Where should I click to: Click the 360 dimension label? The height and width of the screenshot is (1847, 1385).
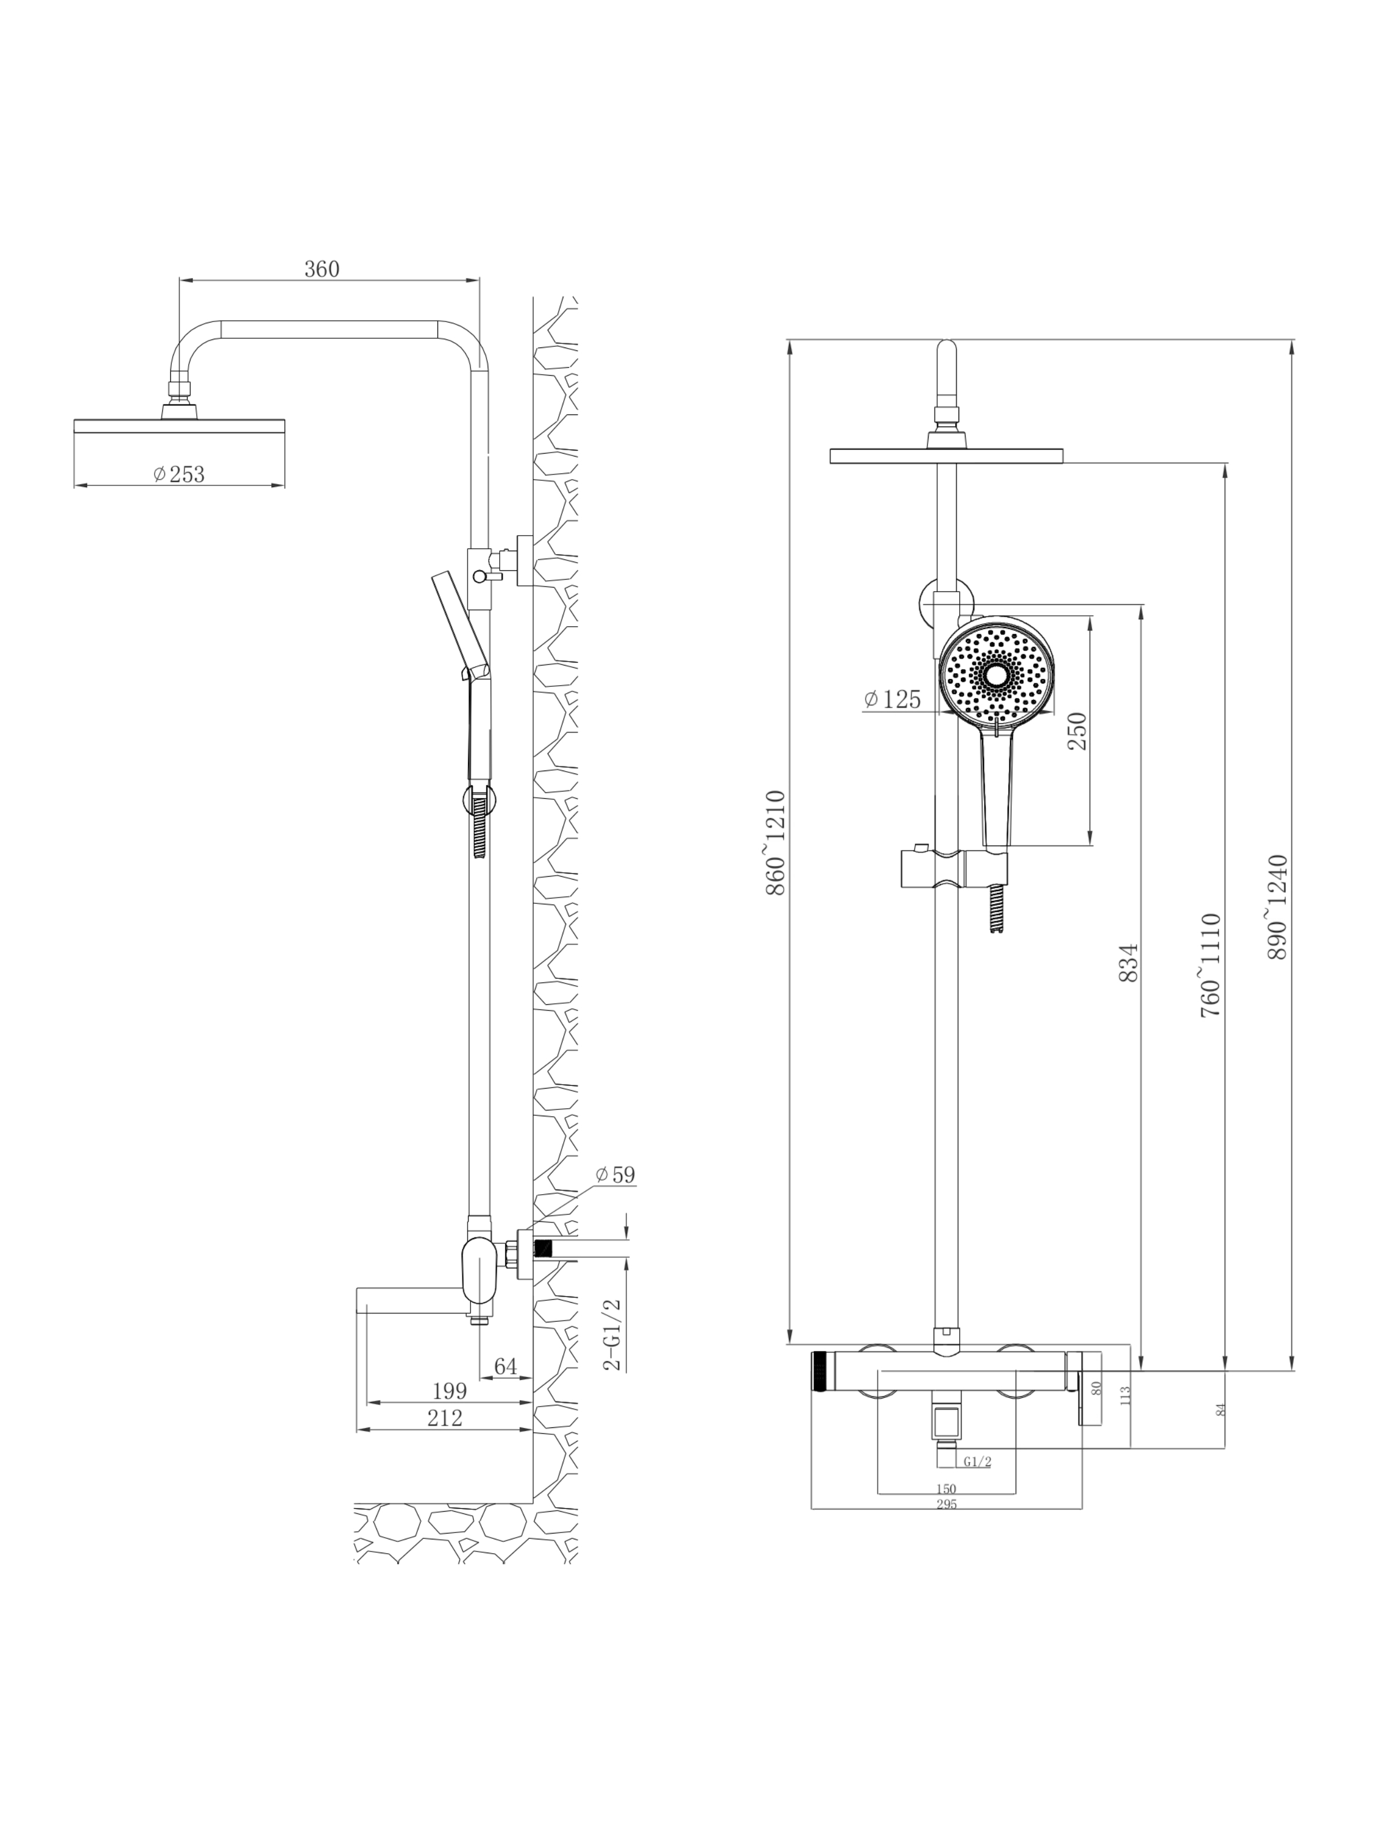point(321,269)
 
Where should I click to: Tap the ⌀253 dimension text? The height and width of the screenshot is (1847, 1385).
point(179,474)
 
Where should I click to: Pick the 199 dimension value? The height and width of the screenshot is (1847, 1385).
point(449,1391)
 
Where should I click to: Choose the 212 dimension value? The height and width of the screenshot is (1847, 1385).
point(444,1418)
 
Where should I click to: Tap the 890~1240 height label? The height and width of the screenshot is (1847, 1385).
point(1277,907)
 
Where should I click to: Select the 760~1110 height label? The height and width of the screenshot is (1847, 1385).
point(1211,964)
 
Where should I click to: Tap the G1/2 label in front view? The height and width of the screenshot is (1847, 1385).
point(977,1461)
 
